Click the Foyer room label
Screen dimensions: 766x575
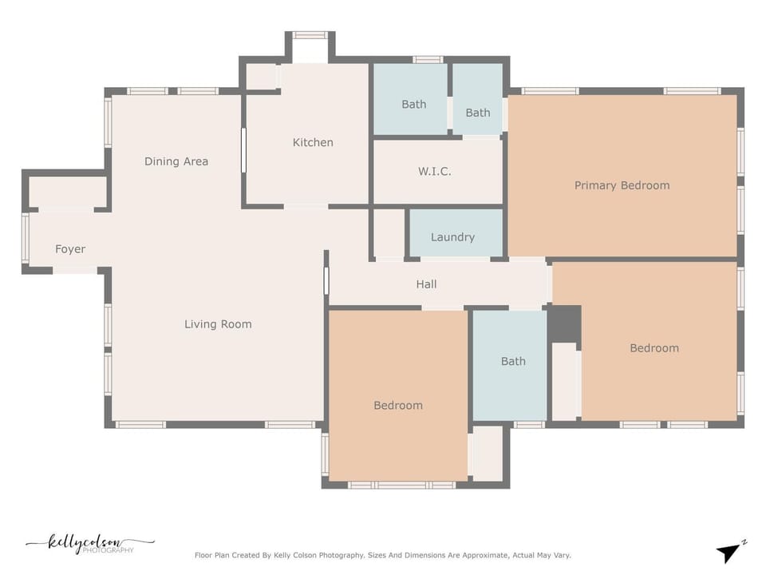[x=70, y=249]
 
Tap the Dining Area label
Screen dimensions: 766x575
[x=176, y=161]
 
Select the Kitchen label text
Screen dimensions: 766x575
[x=313, y=142]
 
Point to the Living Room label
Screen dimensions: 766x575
[x=218, y=324]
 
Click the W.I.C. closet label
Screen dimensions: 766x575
[x=434, y=171]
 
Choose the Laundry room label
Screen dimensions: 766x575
[x=452, y=237]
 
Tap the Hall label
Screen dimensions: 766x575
[x=426, y=284]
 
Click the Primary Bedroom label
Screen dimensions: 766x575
[x=622, y=185]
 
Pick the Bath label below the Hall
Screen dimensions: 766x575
[x=513, y=361]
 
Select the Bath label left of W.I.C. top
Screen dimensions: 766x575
[x=414, y=104]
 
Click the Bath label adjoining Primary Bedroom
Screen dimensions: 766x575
[x=478, y=113]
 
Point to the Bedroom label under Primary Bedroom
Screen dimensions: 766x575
[x=654, y=348]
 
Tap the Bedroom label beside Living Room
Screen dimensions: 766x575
[x=398, y=406]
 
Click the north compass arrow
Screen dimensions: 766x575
[x=728, y=553]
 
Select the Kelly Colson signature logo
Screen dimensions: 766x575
[x=90, y=543]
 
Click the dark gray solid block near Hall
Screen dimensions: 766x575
[x=565, y=324]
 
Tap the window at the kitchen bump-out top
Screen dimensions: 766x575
[x=310, y=35]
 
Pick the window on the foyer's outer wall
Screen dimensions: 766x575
[x=26, y=239]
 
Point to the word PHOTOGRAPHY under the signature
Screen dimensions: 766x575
[x=108, y=550]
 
